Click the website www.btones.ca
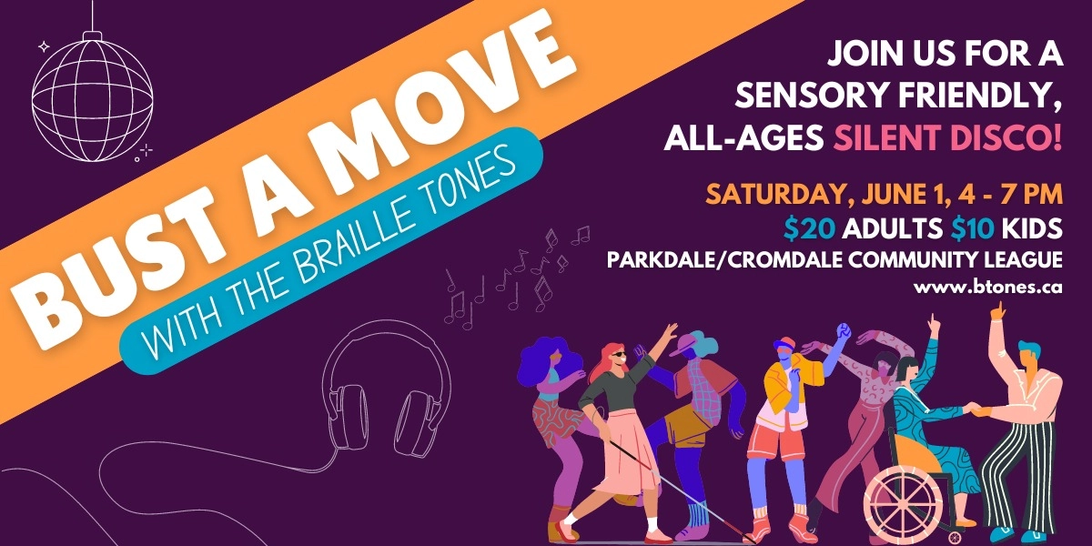tap(991, 287)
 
